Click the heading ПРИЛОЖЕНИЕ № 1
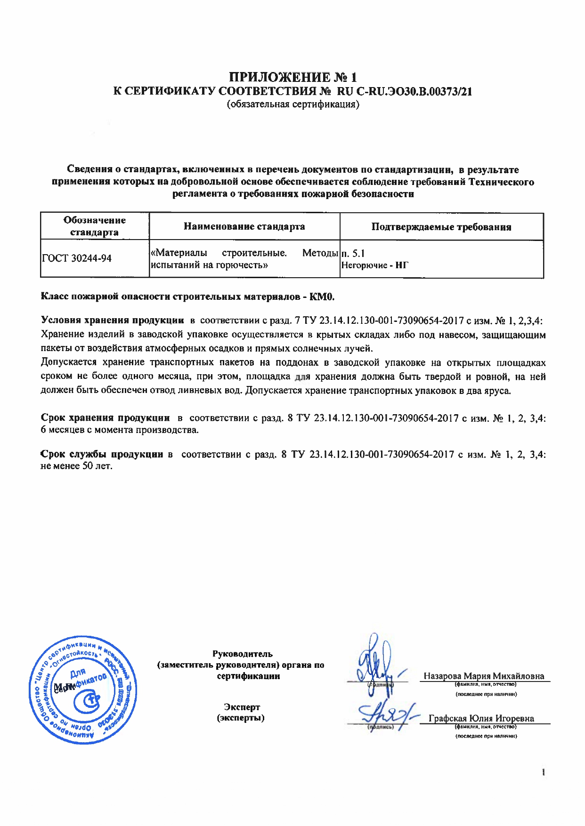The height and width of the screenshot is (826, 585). pos(292,77)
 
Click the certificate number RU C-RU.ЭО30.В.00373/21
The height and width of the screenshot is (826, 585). pos(405,91)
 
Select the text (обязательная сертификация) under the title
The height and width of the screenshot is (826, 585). pos(292,104)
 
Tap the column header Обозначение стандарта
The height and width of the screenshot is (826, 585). pos(95,226)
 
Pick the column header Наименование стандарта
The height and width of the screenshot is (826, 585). pos(244,226)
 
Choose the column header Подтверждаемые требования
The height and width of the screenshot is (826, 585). pos(441,227)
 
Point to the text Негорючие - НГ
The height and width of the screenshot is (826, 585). pos(374,265)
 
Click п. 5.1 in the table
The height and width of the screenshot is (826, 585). pos(353,254)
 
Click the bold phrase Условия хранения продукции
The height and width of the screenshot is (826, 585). pos(112,321)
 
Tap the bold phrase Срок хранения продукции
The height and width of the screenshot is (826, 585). pos(105,418)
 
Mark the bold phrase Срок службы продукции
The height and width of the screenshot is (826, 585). pos(102,454)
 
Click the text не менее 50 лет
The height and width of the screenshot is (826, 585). pos(77,466)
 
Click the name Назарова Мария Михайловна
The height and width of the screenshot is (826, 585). pos(483,676)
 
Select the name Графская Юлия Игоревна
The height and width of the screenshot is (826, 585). pos(481,718)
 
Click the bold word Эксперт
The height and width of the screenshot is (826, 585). pos(242,707)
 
